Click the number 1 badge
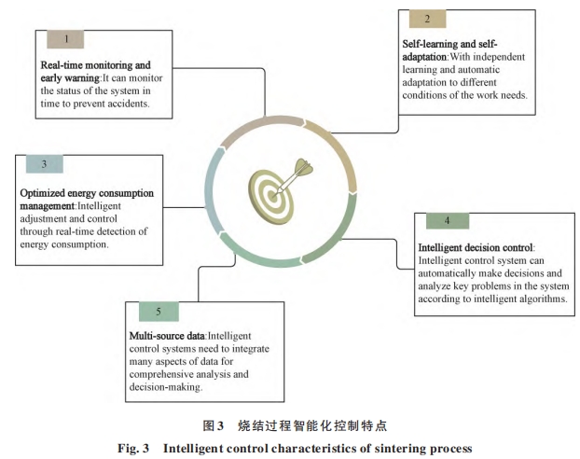tap(66, 38)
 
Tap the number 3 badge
tap(44, 164)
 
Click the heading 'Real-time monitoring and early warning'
tap(94, 72)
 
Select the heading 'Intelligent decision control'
tap(475, 247)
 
